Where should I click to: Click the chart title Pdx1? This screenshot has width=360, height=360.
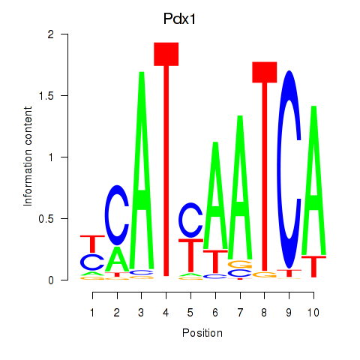(179, 19)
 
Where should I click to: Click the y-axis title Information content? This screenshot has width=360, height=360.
(28, 157)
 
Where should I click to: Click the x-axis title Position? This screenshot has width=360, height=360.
(202, 333)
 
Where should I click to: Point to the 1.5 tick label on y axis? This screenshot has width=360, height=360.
(46, 95)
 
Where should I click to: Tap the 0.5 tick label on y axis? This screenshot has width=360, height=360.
(46, 218)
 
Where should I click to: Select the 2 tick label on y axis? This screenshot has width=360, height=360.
(51, 34)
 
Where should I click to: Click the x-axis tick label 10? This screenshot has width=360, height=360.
(313, 313)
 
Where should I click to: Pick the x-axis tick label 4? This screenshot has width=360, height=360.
(166, 313)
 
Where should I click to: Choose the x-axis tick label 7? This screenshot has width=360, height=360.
(240, 313)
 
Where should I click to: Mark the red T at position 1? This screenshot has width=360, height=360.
(92, 244)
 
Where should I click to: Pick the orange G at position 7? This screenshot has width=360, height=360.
(240, 265)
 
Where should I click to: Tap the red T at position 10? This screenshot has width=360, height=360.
(314, 266)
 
